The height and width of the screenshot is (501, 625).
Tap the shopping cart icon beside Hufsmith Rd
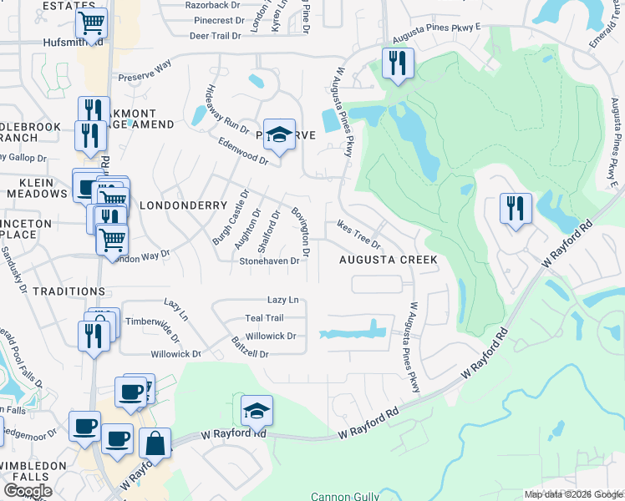coord(91,23)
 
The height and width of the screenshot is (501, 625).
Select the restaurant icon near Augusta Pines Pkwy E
coord(398,63)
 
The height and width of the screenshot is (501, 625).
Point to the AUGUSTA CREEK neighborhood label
coord(388,260)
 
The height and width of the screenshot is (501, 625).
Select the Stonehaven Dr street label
coord(269,261)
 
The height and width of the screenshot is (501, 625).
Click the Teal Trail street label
coord(264,318)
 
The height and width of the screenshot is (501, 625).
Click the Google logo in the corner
coord(28,491)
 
